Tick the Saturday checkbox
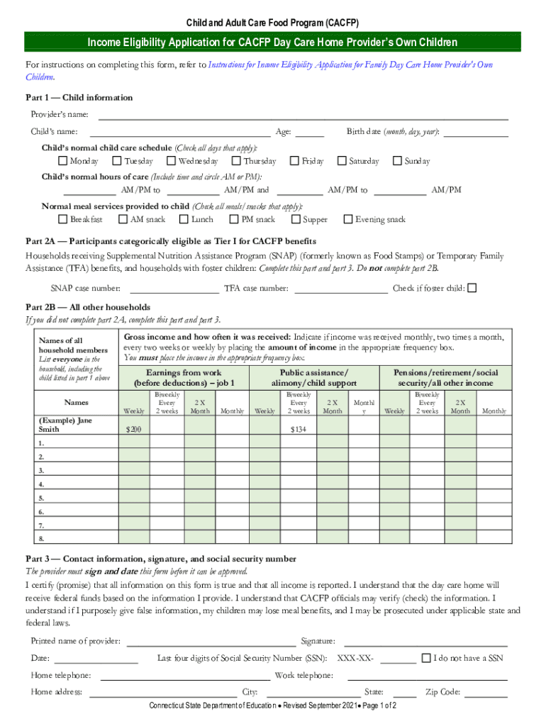(342, 162)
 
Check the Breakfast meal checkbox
(63, 219)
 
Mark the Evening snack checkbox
(348, 219)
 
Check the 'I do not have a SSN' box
(426, 657)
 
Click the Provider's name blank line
(302, 115)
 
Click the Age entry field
(309, 132)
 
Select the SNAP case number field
(174, 289)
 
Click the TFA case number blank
(340, 289)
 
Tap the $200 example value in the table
(133, 430)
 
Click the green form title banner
(273, 43)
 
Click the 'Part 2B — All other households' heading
(88, 307)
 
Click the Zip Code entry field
(486, 692)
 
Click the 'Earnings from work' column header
(184, 377)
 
